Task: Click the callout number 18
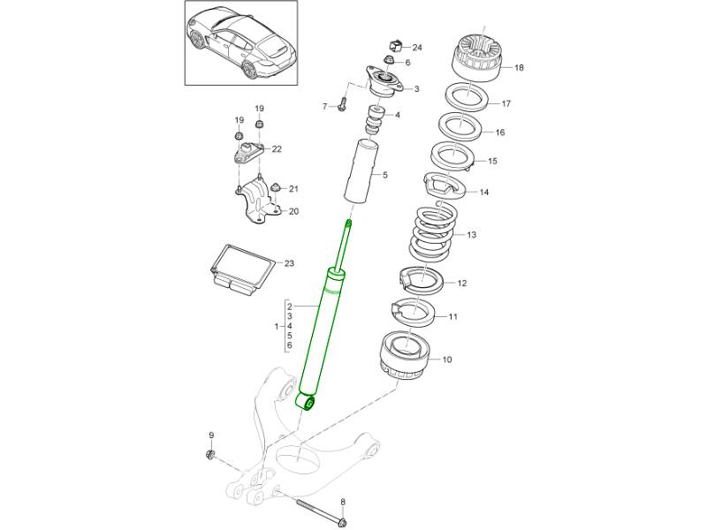tap(519, 68)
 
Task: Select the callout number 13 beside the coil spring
tap(471, 235)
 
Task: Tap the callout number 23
tap(290, 263)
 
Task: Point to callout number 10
tap(446, 360)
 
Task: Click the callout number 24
tap(417, 47)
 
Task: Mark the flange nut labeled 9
tap(210, 455)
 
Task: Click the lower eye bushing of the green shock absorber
tap(309, 403)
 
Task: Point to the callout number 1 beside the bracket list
tap(277, 326)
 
